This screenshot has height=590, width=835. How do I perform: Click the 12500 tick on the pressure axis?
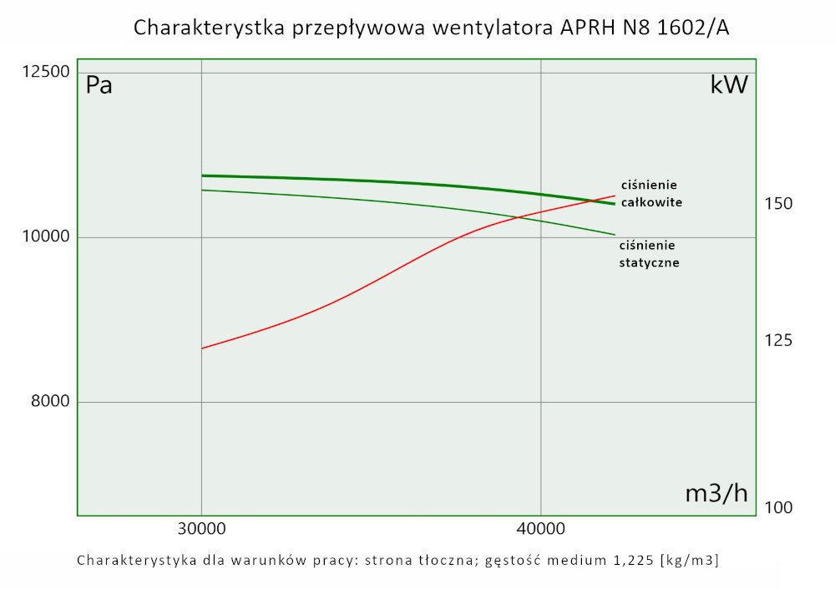click(x=44, y=72)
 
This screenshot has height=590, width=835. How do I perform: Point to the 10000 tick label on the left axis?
click(x=44, y=237)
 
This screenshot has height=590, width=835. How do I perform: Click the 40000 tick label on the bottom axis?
click(x=541, y=529)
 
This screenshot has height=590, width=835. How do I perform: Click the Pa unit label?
click(x=99, y=85)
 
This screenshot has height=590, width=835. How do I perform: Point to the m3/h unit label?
click(x=716, y=493)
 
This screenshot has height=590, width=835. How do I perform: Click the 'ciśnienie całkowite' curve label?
click(x=651, y=193)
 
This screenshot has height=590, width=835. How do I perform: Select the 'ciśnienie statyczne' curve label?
click(x=649, y=253)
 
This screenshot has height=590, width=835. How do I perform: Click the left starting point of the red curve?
click(x=202, y=348)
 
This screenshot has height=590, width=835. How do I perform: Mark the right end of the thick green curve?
click(x=615, y=204)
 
